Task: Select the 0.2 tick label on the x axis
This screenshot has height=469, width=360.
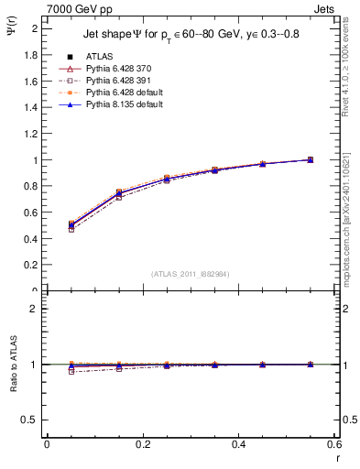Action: tap(142, 443)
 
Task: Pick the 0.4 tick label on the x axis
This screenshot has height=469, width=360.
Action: tap(238, 443)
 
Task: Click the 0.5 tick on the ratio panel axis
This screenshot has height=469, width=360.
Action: tap(31, 420)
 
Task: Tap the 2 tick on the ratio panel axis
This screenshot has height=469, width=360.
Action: tap(35, 310)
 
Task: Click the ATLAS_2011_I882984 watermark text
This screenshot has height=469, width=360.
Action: tap(190, 274)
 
